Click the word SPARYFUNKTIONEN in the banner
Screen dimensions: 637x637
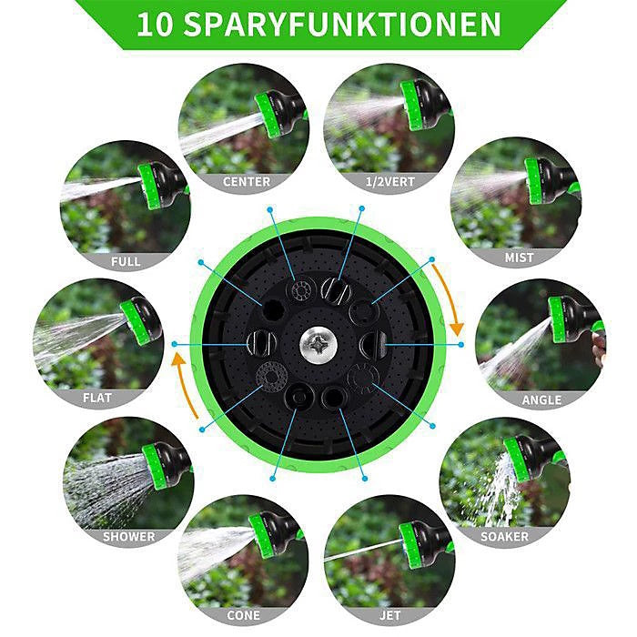[342, 25]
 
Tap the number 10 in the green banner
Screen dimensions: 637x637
[155, 25]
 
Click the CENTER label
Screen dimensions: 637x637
[247, 182]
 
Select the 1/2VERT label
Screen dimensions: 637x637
[390, 182]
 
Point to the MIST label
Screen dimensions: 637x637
[519, 258]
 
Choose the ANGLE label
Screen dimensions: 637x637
[541, 400]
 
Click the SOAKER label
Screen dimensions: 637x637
[504, 536]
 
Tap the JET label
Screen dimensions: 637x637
[390, 615]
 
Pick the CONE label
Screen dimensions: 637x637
[243, 615]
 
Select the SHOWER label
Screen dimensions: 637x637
[129, 536]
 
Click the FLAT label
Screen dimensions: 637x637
[97, 398]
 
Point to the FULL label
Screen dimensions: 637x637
[126, 261]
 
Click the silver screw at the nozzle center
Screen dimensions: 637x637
[318, 345]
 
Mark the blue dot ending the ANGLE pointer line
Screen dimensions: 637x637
[460, 345]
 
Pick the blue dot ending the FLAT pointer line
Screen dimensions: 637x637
[175, 344]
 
